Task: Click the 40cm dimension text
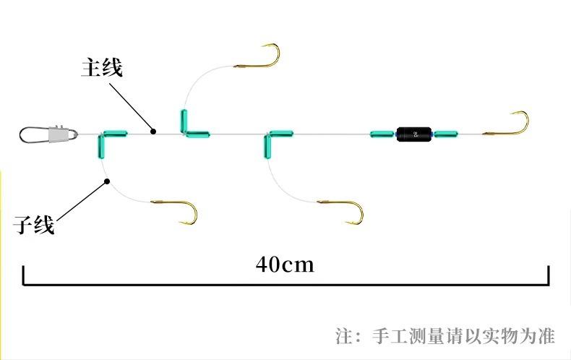point(285,264)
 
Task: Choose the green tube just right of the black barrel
point(445,134)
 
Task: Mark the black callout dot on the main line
point(153,131)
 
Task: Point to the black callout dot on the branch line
point(106,182)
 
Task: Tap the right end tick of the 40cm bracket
point(549,275)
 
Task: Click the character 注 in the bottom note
point(345,336)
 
